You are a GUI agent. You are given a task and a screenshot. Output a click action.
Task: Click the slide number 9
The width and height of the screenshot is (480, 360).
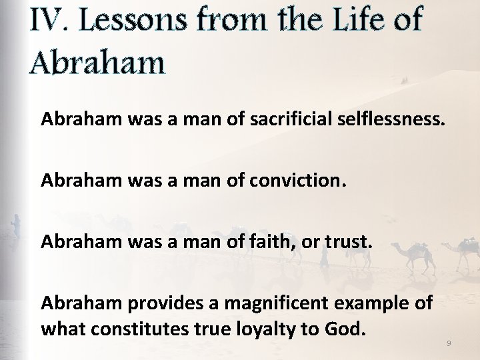click(x=449, y=343)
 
